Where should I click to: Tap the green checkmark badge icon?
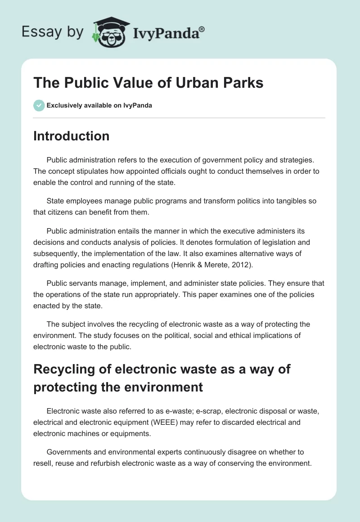39,105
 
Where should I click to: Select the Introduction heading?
71,136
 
